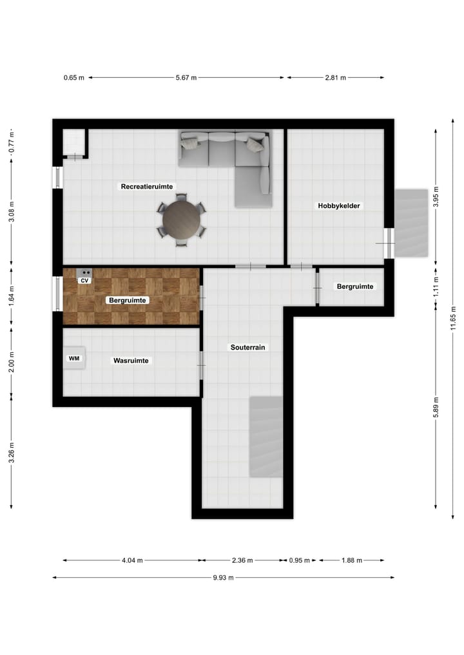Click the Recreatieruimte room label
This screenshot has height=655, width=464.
pyautogui.click(x=146, y=186)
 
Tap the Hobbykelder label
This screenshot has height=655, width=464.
pyautogui.click(x=339, y=205)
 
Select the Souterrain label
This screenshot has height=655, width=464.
pyautogui.click(x=248, y=347)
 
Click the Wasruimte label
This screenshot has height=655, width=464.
pyautogui.click(x=131, y=361)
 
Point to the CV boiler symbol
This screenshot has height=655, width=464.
pyautogui.click(x=84, y=276)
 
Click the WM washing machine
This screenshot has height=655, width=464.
pyautogui.click(x=75, y=358)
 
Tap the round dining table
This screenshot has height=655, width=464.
pyautogui.click(x=181, y=220)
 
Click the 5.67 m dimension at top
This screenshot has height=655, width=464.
pyautogui.click(x=186, y=77)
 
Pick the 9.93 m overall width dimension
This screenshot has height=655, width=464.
pyautogui.click(x=223, y=578)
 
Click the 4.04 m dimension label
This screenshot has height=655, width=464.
pyautogui.click(x=132, y=560)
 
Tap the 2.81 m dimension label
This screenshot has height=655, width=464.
pyautogui.click(x=335, y=77)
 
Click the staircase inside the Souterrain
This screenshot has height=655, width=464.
pyautogui.click(x=266, y=437)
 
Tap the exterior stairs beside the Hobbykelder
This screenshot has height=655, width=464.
pyautogui.click(x=411, y=223)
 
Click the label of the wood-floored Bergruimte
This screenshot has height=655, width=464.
pyautogui.click(x=129, y=300)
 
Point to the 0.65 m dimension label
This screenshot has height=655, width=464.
pyautogui.click(x=73, y=77)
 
